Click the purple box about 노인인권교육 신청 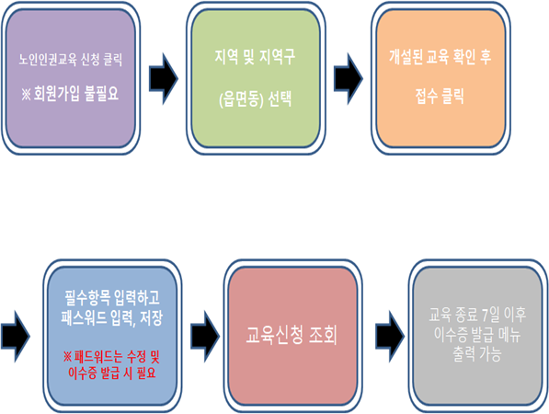[x=71, y=78]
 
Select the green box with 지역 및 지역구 [x=256, y=78]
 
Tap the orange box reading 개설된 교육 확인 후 [x=440, y=78]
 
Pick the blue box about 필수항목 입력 [x=112, y=336]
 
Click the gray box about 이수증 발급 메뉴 [x=478, y=336]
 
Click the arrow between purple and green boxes [x=164, y=79]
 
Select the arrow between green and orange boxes [x=349, y=79]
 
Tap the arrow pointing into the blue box [x=16, y=336]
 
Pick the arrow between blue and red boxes [x=205, y=336]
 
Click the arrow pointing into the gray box [x=390, y=336]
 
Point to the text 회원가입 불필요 [x=76, y=94]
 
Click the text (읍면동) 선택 [x=256, y=100]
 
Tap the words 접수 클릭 [x=440, y=96]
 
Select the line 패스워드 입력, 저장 [x=111, y=318]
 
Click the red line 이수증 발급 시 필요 [x=112, y=373]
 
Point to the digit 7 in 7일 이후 [x=486, y=316]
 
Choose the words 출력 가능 [x=477, y=354]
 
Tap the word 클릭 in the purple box [x=112, y=60]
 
